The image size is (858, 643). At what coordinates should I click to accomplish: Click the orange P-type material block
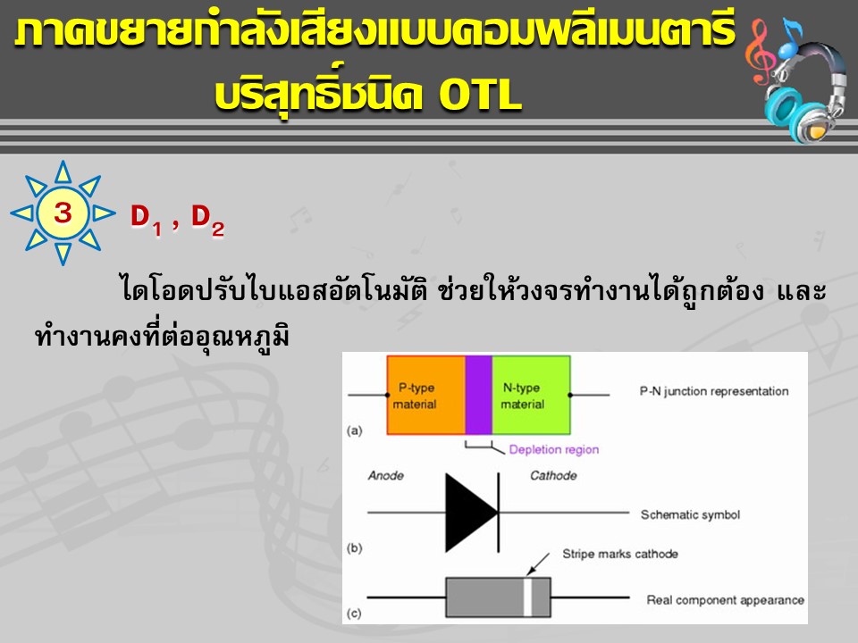425,396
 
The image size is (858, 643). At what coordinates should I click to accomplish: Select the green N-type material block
531,396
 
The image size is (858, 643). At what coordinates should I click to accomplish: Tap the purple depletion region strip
479,396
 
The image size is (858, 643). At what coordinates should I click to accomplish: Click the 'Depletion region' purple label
554,449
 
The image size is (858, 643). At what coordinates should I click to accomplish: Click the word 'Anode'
386,476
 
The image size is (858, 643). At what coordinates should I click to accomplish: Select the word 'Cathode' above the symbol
553,476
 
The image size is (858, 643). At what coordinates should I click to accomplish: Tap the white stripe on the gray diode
528,597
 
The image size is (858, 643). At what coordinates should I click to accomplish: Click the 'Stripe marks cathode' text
620,554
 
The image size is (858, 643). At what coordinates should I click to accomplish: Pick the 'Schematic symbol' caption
690,515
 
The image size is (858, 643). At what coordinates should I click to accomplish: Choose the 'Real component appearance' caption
725,600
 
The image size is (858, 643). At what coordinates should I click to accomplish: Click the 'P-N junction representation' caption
714,391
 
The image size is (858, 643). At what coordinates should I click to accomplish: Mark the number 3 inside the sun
63,213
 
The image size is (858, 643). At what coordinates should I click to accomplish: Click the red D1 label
146,220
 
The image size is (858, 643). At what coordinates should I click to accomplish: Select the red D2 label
207,220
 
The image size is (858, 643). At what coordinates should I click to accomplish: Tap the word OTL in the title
480,95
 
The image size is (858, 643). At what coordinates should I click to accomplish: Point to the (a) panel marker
355,430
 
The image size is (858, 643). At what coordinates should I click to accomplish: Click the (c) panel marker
355,613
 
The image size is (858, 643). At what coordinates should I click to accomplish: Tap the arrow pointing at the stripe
538,564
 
